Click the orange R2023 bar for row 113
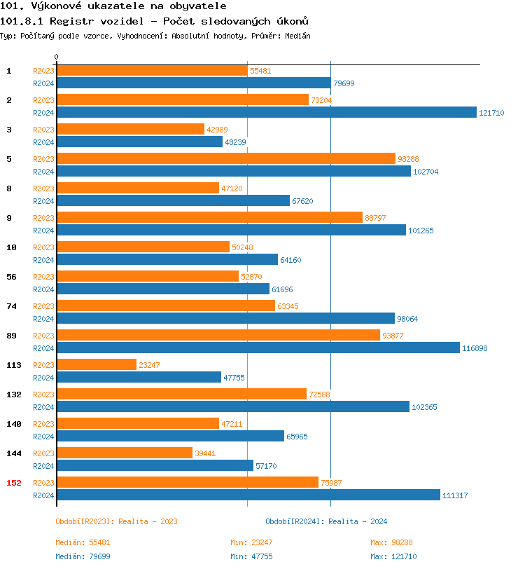point(97,364)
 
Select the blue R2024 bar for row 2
point(266,112)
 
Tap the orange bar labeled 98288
point(226,158)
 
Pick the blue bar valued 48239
point(139,142)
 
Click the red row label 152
point(14,482)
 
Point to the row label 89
point(11,336)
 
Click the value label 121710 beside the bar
point(491,113)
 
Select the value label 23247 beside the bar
point(153,365)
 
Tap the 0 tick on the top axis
point(57,57)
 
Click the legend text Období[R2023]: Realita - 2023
point(116,521)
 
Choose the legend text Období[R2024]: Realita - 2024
point(326,521)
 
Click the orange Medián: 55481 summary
point(83,542)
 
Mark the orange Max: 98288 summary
point(393,542)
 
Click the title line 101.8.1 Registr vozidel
point(154,21)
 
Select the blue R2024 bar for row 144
point(155,465)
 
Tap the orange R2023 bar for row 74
point(166,306)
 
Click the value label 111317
point(455,495)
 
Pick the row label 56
point(11,277)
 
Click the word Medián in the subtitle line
point(298,35)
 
